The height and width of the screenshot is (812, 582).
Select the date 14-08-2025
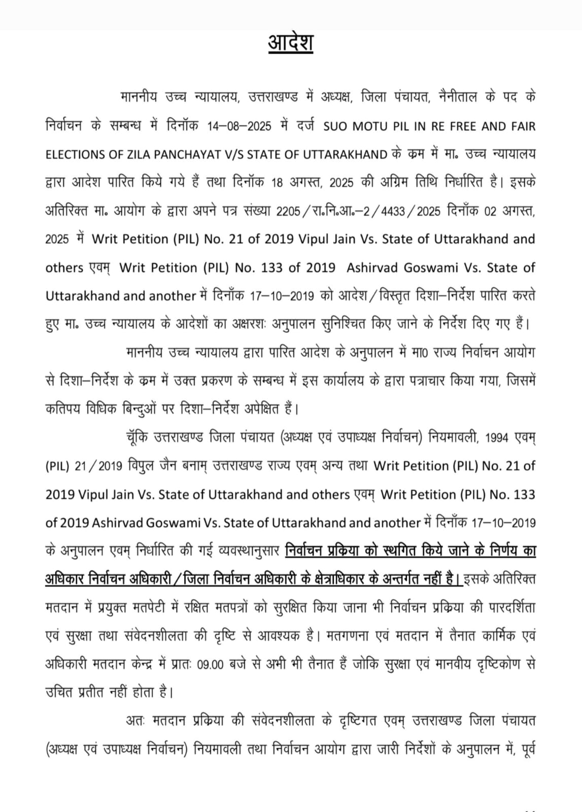tap(239, 126)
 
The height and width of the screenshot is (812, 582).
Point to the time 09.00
tap(210, 665)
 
